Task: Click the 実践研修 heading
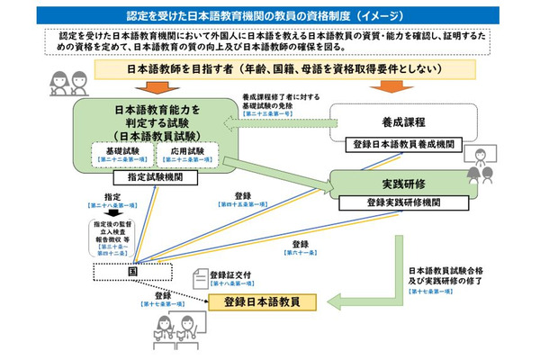tap(402, 184)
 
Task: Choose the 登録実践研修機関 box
tap(403, 202)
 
